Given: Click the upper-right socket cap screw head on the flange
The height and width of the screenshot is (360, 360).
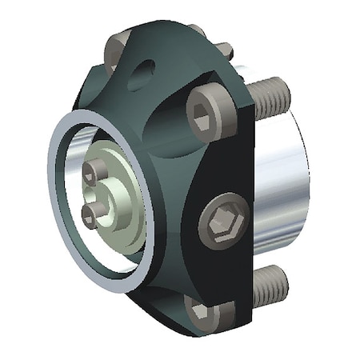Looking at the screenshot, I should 210,113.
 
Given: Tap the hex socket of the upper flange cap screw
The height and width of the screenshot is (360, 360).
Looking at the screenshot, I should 207,113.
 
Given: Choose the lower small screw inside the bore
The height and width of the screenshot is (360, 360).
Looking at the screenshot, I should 89,212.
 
